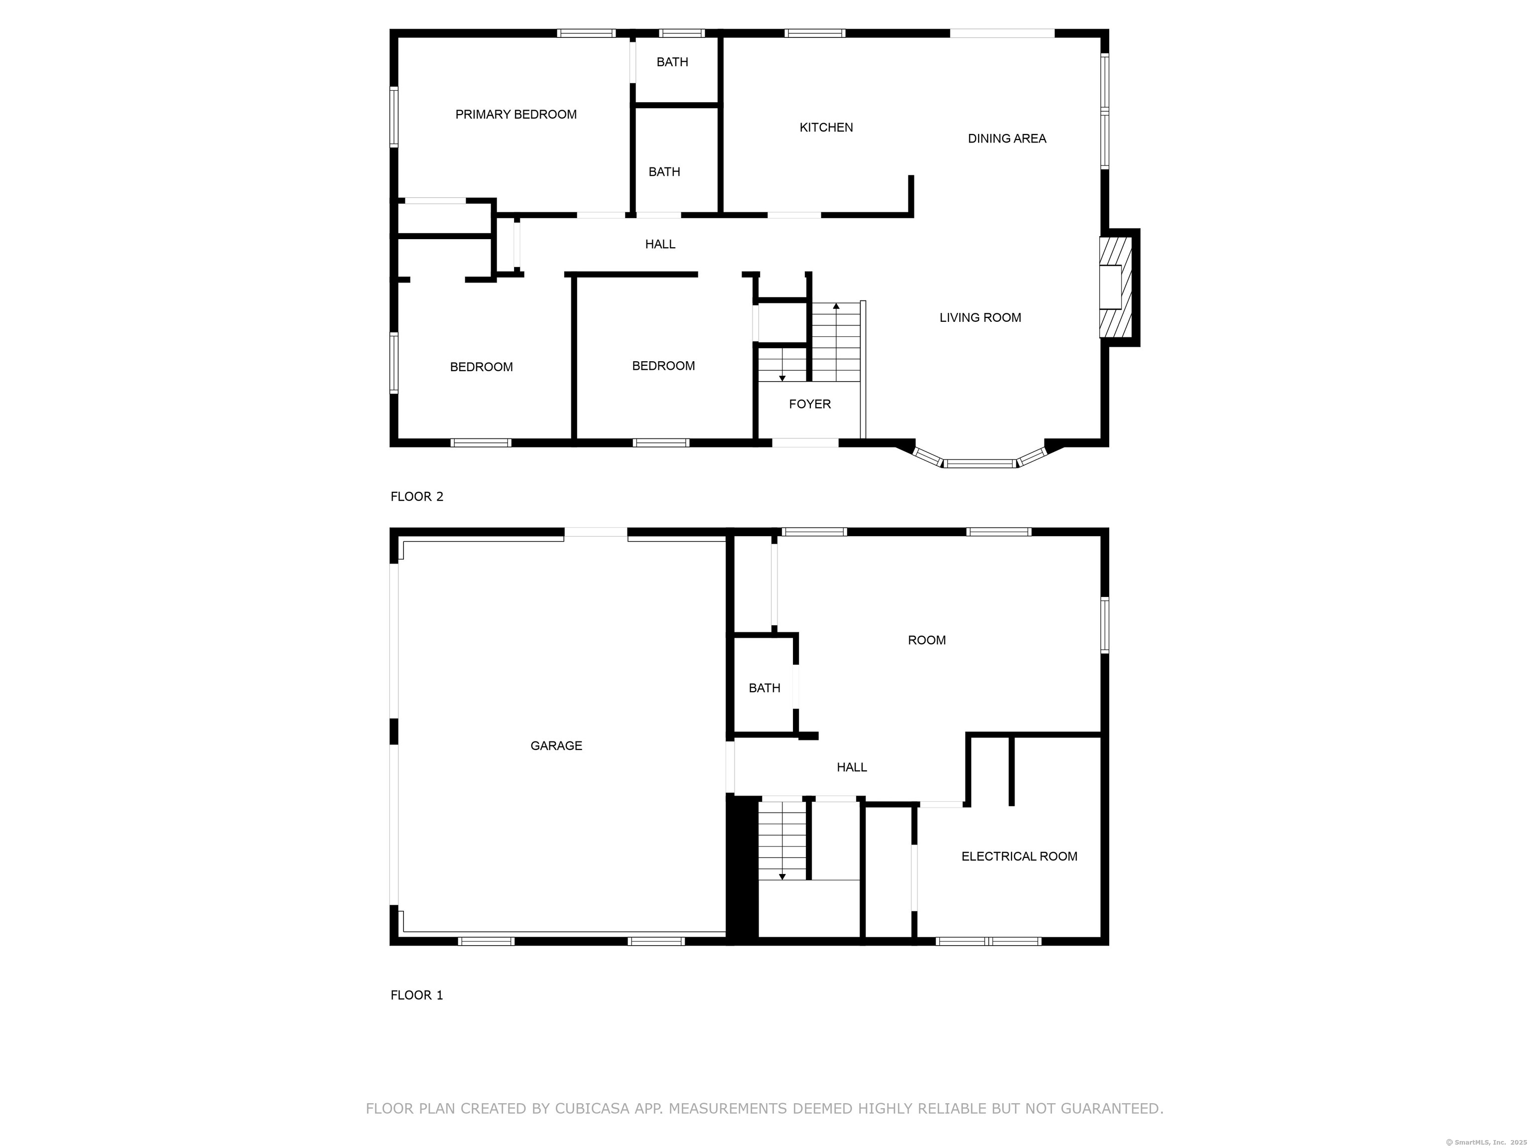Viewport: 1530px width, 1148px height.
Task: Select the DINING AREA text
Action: pos(1007,139)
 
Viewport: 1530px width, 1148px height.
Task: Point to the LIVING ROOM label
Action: pos(980,317)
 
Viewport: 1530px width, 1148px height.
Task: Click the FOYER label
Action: pos(809,404)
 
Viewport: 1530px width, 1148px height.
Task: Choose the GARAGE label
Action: pos(556,746)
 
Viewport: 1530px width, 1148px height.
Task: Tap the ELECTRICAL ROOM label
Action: pos(1019,857)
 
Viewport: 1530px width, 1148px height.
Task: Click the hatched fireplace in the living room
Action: pos(1115,287)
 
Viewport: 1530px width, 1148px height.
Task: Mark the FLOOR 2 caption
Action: pos(416,497)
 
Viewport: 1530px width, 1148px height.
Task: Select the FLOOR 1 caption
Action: pos(416,996)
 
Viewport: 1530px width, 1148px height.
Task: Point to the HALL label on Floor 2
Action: pos(660,244)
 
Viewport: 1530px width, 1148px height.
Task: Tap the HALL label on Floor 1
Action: pos(852,767)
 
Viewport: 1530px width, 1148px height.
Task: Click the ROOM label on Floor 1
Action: pos(926,641)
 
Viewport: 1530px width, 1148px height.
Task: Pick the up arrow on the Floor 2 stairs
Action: pos(836,306)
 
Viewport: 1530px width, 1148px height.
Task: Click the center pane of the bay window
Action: pos(980,463)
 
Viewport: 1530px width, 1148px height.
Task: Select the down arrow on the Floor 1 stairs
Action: pos(782,877)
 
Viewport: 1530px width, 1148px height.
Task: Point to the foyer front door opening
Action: pos(805,443)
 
